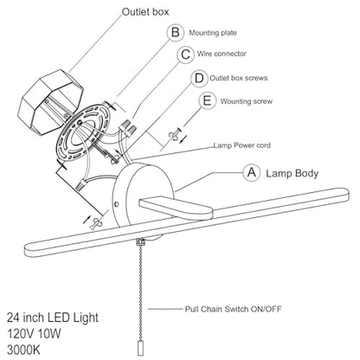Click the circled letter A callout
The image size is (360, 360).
click(x=252, y=172)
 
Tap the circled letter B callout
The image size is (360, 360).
click(x=176, y=32)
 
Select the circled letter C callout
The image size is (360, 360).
click(x=185, y=55)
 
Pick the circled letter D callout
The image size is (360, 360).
click(x=199, y=78)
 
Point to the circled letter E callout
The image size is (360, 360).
click(x=208, y=101)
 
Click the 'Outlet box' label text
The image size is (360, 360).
click(x=145, y=12)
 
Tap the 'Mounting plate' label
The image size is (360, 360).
click(x=213, y=33)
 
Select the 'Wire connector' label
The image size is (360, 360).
click(x=222, y=54)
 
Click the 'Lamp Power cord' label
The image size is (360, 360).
click(x=242, y=145)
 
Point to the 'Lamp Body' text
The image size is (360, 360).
click(x=292, y=173)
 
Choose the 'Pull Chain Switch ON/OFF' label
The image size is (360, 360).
click(x=233, y=309)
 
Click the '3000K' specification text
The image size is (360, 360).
click(x=23, y=350)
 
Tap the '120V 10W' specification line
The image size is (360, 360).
click(x=34, y=334)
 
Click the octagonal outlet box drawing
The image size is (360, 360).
click(x=51, y=102)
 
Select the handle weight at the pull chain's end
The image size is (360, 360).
click(x=140, y=348)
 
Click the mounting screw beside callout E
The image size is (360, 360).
click(x=174, y=134)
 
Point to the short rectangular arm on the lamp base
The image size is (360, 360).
click(x=176, y=208)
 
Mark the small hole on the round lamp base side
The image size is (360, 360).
click(x=117, y=204)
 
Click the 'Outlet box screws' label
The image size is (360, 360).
click(x=239, y=78)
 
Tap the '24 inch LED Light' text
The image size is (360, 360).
click(x=53, y=318)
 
